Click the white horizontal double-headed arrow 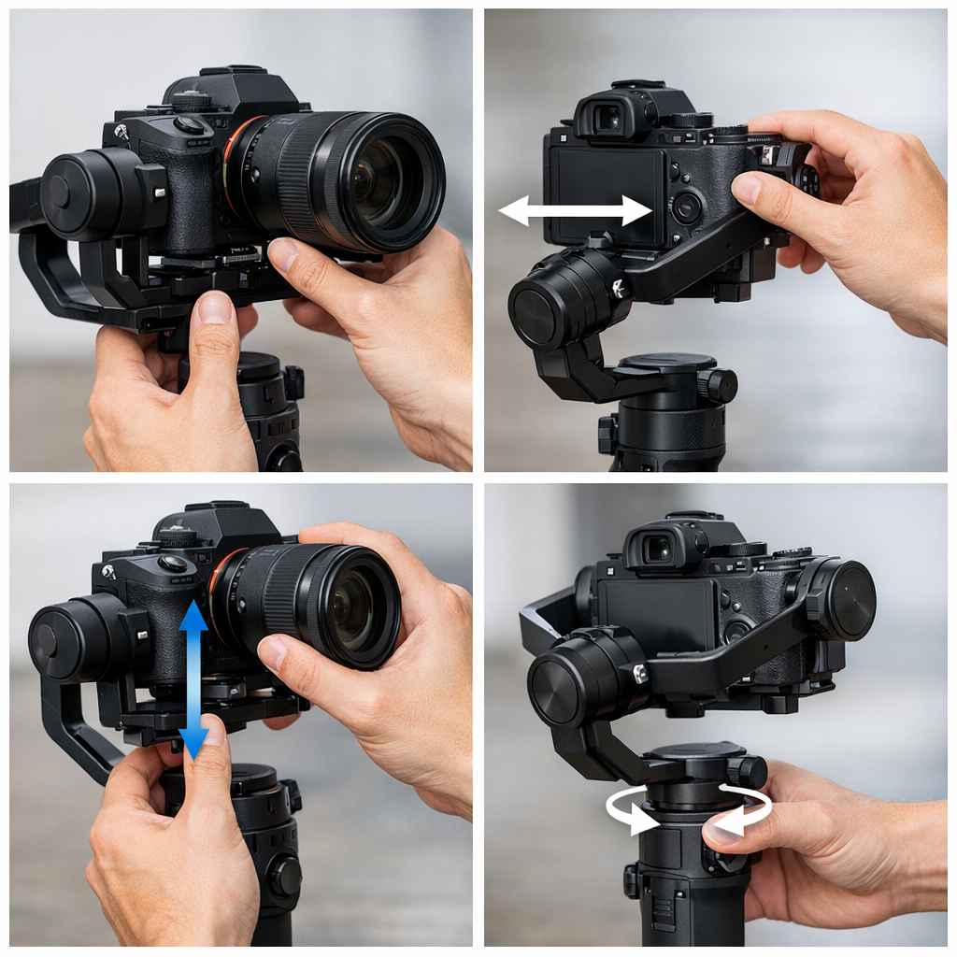[575, 210]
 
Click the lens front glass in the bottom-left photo [351, 608]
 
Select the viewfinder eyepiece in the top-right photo [608, 118]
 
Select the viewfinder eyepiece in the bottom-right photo [660, 549]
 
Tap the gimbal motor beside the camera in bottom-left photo [75, 638]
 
